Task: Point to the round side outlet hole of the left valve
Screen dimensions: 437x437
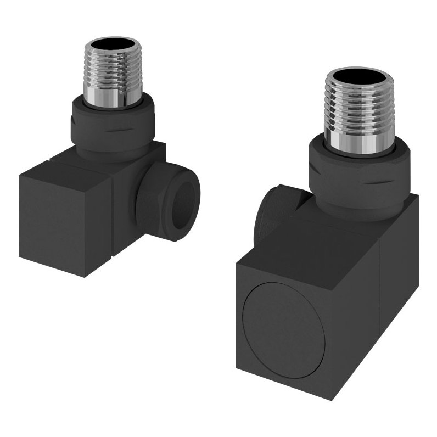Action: point(186,197)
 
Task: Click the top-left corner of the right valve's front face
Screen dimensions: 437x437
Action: point(237,263)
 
